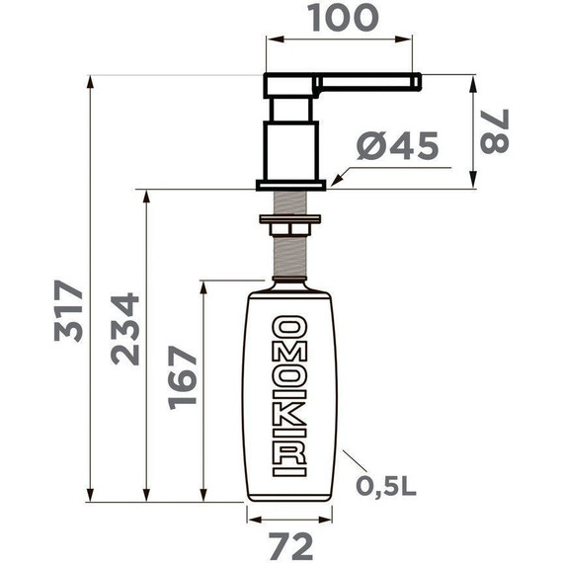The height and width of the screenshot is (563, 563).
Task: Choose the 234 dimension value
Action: (x=125, y=330)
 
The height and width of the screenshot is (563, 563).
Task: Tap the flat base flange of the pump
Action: (x=290, y=184)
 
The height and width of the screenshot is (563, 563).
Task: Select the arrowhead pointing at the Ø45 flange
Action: (x=336, y=181)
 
